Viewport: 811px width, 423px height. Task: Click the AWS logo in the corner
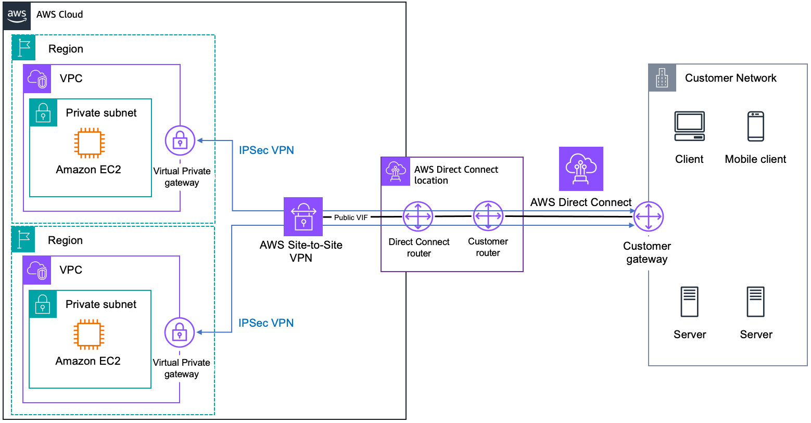click(17, 15)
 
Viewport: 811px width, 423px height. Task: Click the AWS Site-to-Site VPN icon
click(303, 216)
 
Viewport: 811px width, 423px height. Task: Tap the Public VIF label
click(350, 217)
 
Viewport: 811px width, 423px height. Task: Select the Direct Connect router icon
click(418, 216)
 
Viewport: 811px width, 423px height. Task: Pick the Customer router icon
click(488, 216)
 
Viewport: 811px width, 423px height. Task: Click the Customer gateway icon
click(648, 216)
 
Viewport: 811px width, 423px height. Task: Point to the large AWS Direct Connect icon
click(581, 169)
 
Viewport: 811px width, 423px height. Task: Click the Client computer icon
click(689, 126)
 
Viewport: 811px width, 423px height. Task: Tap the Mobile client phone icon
click(755, 126)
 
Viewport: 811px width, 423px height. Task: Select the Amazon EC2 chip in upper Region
click(89, 143)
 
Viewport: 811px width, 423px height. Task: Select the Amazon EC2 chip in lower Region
click(88, 334)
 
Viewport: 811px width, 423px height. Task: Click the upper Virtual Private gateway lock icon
click(180, 140)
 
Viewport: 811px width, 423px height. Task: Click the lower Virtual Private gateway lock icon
click(180, 332)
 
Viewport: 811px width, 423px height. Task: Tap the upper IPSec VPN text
click(266, 150)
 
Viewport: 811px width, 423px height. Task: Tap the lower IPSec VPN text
click(265, 323)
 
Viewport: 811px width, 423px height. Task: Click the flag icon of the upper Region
click(23, 48)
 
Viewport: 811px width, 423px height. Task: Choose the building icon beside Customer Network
click(662, 78)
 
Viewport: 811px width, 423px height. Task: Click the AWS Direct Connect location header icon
click(395, 171)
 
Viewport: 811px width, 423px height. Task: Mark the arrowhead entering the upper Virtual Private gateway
click(200, 140)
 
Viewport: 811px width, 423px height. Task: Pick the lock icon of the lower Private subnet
click(43, 304)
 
